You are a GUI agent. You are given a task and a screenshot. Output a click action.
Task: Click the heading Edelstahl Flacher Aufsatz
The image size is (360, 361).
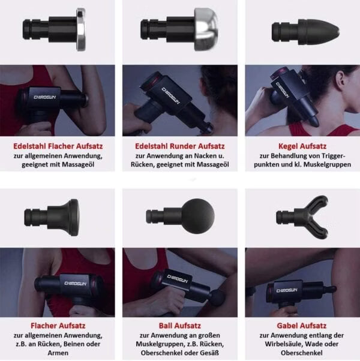[x=58, y=146]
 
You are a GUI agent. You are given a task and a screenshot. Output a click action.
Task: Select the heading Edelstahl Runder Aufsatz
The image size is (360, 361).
[x=179, y=146]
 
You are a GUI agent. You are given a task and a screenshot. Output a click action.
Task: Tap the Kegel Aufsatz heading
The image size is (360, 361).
[x=302, y=146]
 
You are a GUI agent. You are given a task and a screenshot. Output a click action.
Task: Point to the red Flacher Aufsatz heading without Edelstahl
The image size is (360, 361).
[x=58, y=326]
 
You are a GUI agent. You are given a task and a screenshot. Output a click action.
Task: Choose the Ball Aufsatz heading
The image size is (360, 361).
[x=179, y=326]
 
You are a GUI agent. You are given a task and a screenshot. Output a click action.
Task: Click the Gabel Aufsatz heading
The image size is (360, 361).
[x=301, y=326]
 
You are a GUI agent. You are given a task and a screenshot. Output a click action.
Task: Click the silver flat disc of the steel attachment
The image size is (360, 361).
[x=80, y=29]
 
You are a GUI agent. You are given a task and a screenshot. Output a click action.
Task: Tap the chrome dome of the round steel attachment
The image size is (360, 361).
[x=206, y=29]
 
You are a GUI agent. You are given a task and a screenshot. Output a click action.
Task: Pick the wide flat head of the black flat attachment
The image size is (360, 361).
[x=74, y=217]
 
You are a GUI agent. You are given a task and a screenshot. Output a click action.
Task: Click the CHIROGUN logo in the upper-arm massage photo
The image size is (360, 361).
[x=45, y=97]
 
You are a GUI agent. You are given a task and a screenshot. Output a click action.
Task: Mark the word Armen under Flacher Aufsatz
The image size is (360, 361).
[x=58, y=353]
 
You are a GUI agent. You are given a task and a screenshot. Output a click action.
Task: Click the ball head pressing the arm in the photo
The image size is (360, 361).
[x=217, y=298]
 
